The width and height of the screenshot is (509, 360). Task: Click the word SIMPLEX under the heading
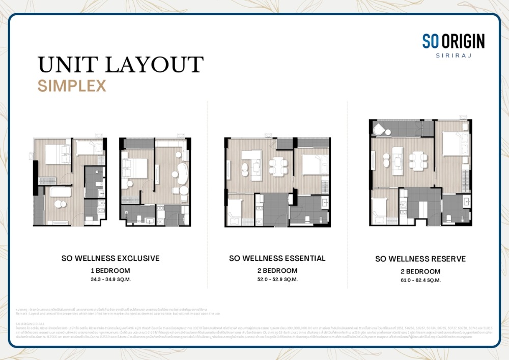72,86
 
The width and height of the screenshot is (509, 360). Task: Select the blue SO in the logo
431,41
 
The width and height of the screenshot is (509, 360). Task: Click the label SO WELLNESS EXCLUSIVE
110,258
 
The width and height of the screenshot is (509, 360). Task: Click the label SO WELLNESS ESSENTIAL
277,258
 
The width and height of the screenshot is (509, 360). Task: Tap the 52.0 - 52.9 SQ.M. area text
277,279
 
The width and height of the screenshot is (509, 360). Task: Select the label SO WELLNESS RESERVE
420,259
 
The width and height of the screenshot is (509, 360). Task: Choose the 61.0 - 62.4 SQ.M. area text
420,280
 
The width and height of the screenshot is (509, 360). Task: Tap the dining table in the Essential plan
277,166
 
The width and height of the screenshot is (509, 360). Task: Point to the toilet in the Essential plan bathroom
308,219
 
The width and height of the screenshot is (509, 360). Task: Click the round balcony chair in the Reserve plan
379,130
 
